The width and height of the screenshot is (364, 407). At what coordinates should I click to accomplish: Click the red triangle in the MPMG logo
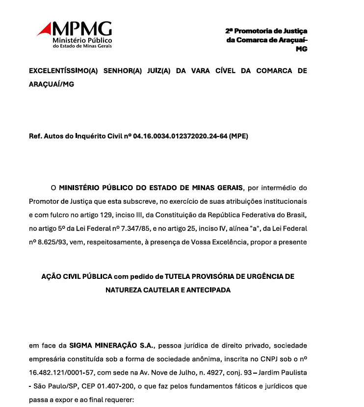45,29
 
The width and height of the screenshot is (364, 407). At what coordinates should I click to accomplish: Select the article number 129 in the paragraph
104,215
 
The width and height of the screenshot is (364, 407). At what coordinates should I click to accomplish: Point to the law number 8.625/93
54,242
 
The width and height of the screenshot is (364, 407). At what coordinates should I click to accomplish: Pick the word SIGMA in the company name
80,345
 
